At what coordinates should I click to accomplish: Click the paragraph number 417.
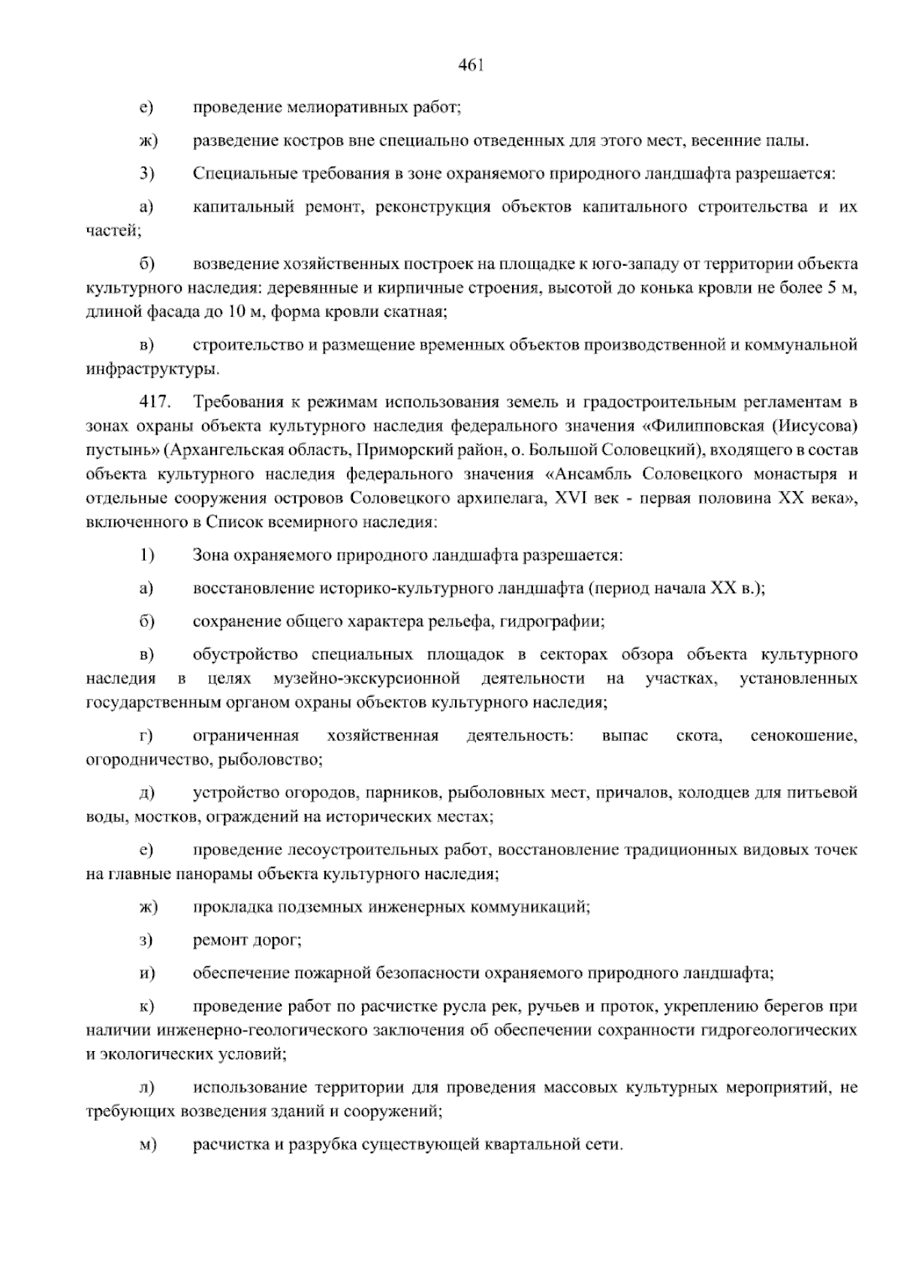click(150, 403)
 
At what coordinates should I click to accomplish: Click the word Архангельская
click(224, 450)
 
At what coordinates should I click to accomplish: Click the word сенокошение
click(803, 736)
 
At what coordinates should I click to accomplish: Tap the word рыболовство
click(270, 760)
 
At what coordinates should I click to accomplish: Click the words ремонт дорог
click(247, 940)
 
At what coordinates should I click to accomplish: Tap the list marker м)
click(146, 1146)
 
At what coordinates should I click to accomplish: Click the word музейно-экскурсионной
click(366, 679)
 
